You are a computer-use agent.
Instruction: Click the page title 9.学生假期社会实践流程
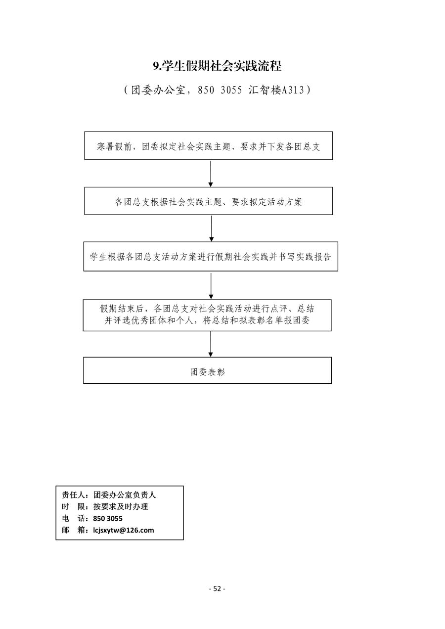click(217, 66)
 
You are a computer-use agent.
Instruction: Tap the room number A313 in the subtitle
click(293, 90)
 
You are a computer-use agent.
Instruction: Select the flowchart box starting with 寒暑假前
click(209, 146)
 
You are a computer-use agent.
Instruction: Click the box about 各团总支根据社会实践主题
click(209, 201)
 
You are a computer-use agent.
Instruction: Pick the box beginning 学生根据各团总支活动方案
click(211, 256)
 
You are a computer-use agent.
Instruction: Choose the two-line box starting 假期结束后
click(207, 315)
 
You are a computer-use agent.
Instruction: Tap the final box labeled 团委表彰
click(208, 370)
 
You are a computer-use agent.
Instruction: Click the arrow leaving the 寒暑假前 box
click(211, 174)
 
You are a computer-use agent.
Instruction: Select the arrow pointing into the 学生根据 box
click(212, 228)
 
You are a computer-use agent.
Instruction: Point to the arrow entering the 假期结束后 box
click(211, 286)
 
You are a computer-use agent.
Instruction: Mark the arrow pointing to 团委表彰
click(211, 344)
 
